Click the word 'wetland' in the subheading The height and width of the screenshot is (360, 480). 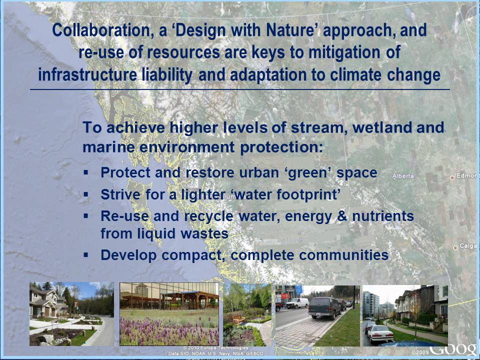[x=382, y=127]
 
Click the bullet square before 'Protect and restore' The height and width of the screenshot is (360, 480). [x=86, y=172]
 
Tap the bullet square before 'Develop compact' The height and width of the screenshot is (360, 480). [x=86, y=254]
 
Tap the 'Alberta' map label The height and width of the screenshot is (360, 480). [x=403, y=176]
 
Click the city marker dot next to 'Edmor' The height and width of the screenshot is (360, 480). [x=451, y=177]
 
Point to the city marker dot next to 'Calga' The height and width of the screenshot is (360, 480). [x=455, y=247]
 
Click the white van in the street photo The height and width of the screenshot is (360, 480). [x=297, y=303]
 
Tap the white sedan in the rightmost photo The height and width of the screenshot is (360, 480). [x=380, y=333]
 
